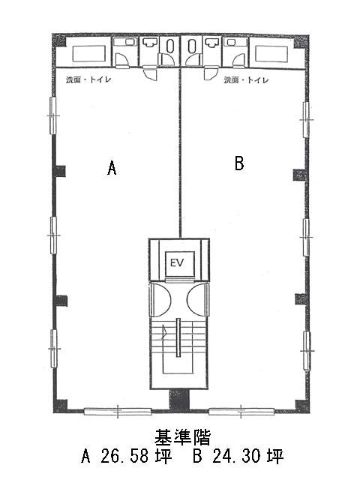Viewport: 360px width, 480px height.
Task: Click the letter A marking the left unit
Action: point(112,168)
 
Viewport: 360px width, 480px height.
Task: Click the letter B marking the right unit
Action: point(239,163)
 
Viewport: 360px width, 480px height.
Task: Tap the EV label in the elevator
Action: point(177,262)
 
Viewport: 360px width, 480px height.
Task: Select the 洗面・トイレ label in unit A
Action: point(88,80)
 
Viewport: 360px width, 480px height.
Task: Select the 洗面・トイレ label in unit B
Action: point(247,80)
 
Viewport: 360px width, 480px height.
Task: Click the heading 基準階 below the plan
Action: point(182,436)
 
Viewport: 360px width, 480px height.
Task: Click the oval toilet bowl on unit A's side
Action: point(170,46)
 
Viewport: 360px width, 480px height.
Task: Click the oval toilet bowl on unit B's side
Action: point(192,46)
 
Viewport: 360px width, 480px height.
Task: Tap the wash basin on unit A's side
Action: point(150,43)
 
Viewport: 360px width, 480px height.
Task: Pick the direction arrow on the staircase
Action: point(165,331)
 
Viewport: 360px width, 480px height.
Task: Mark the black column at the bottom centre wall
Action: point(180,400)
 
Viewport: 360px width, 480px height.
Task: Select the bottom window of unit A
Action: point(118,412)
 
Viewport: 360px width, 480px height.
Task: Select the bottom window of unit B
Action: point(241,412)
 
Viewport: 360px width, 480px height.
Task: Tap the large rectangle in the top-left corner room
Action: point(89,53)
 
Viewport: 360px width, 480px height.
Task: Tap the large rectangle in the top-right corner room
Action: point(271,53)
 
